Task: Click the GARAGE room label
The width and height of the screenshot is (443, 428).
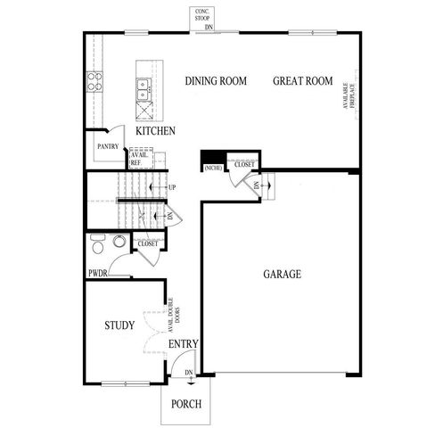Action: tap(281, 274)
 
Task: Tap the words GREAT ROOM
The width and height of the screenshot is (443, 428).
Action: tap(302, 81)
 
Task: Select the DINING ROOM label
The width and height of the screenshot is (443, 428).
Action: tap(215, 81)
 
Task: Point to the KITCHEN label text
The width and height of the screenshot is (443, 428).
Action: tap(155, 131)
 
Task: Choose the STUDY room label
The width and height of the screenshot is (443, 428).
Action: tap(119, 325)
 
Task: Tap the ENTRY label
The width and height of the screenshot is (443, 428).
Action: tap(183, 344)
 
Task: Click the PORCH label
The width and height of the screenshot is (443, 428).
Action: tap(187, 404)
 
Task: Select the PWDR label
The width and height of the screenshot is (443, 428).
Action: tap(97, 273)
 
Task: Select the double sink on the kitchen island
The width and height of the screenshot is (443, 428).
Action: tap(143, 89)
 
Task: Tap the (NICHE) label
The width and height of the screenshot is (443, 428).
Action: tap(213, 168)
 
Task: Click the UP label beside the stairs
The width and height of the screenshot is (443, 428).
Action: tap(171, 187)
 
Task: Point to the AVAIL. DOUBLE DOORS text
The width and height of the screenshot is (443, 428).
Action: tap(176, 312)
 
